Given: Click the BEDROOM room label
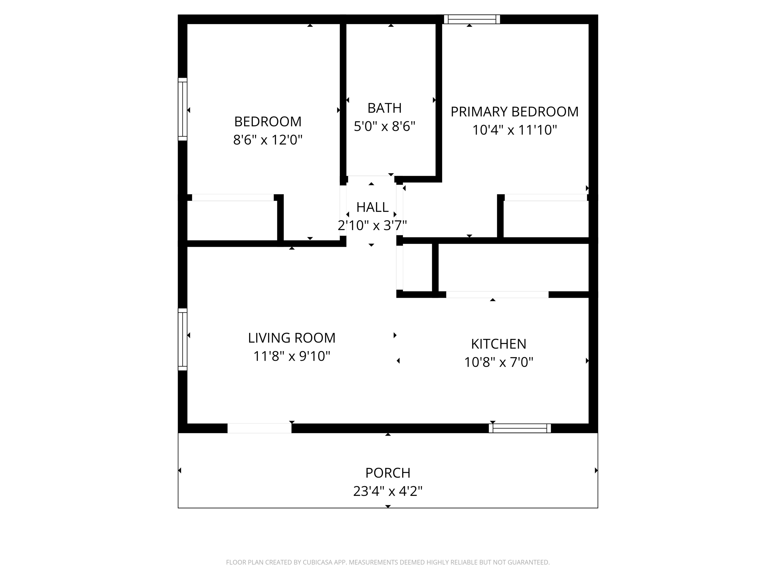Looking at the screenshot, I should pyautogui.click(x=268, y=122).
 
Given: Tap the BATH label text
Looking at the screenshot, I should pyautogui.click(x=384, y=108).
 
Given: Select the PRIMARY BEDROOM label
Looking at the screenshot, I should pyautogui.click(x=514, y=112).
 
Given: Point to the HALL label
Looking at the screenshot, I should pyautogui.click(x=372, y=207).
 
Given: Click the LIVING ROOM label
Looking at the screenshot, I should pyautogui.click(x=292, y=338).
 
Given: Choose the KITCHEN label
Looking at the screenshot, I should pyautogui.click(x=498, y=344).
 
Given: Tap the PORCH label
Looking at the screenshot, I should pyautogui.click(x=388, y=473).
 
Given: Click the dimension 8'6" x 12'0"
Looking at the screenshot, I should pyautogui.click(x=268, y=140).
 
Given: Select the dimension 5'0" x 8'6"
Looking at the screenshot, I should pyautogui.click(x=384, y=126).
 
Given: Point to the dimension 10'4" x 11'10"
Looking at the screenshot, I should pyautogui.click(x=514, y=130).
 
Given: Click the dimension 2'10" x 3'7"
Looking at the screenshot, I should pyautogui.click(x=372, y=225).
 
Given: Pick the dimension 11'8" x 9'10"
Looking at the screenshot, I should pyautogui.click(x=292, y=356).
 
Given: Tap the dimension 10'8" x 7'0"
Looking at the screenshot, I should pyautogui.click(x=498, y=362).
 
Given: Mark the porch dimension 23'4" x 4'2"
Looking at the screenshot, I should pyautogui.click(x=388, y=491).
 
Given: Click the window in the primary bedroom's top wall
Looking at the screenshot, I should pyautogui.click(x=472, y=19).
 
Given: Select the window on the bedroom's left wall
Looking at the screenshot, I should pyautogui.click(x=182, y=109).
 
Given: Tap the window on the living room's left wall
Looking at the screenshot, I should pyautogui.click(x=182, y=339).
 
